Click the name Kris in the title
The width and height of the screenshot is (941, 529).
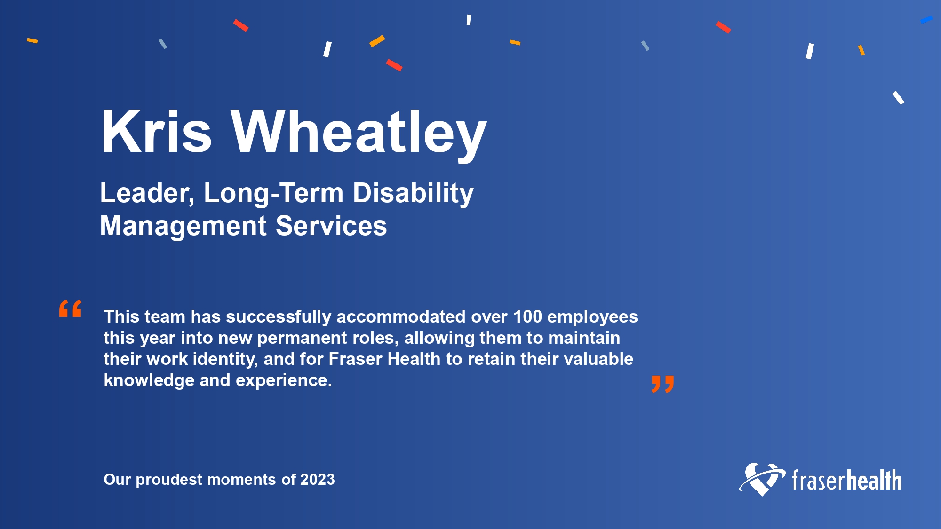tap(156, 131)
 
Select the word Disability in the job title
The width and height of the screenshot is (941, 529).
tap(413, 194)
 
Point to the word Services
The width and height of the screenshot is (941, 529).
tap(331, 226)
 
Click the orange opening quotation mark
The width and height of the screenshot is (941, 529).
tap(71, 308)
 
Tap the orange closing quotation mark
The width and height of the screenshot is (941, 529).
tap(662, 384)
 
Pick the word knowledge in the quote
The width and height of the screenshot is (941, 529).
tap(149, 380)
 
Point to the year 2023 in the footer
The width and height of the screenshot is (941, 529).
tap(318, 480)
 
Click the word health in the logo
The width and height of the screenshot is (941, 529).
tap(874, 480)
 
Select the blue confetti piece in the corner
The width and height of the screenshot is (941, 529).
tap(926, 20)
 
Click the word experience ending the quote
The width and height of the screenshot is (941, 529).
tap(284, 380)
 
